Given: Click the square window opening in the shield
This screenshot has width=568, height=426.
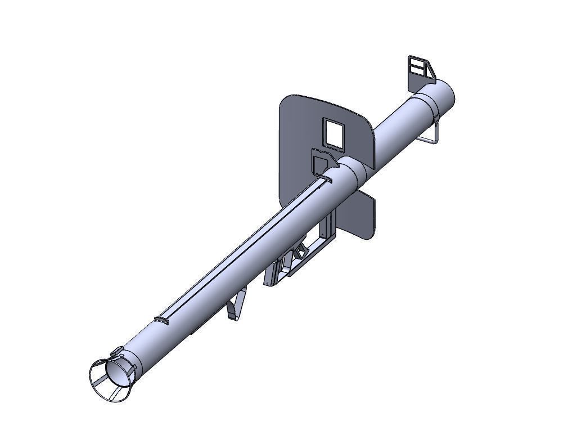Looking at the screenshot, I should pyautogui.click(x=333, y=133).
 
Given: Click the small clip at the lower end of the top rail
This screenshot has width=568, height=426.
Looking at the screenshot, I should pyautogui.click(x=162, y=320).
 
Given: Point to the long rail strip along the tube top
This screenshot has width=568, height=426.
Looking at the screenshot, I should pyautogui.click(x=242, y=248).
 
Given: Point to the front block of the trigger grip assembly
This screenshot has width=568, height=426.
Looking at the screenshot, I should pyautogui.click(x=272, y=273).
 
